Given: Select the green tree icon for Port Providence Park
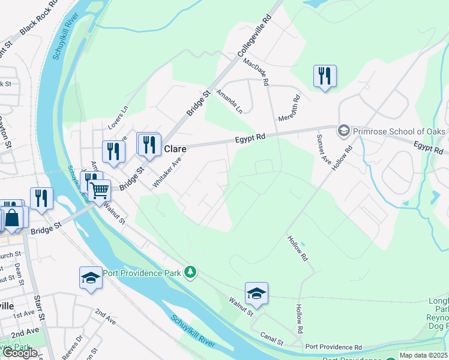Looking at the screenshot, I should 190,273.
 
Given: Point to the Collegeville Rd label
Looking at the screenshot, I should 256,36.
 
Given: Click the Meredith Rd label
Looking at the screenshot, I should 289,108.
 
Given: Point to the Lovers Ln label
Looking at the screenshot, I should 118,118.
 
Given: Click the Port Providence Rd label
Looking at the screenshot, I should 333,347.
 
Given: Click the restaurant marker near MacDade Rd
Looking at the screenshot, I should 325,76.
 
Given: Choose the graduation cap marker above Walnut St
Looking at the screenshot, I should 256,293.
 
